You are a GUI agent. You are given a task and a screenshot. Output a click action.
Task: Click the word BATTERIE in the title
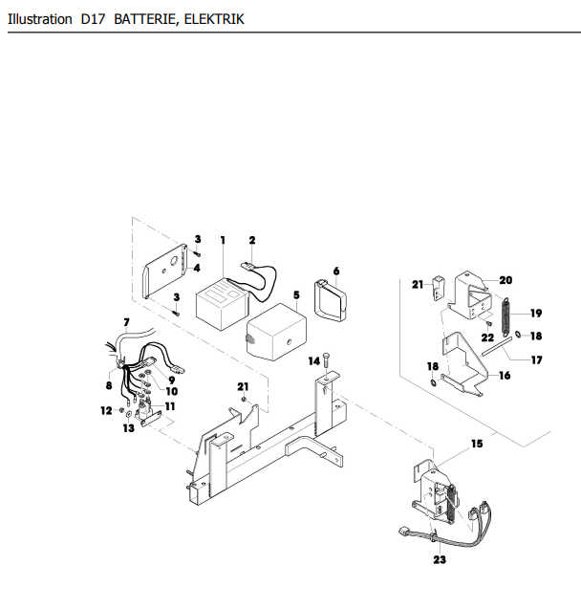(144, 19)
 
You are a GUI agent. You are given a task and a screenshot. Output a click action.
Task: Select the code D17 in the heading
(93, 19)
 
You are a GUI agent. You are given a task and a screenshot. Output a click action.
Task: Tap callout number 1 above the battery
(223, 240)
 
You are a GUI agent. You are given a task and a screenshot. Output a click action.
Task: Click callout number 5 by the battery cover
(296, 295)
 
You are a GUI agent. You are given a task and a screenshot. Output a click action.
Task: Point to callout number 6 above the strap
(336, 271)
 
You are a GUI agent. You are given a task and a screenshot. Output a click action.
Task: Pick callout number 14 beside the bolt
(314, 361)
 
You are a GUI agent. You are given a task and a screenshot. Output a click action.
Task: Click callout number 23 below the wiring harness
(440, 559)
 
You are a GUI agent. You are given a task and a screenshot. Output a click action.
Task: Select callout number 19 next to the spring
(536, 313)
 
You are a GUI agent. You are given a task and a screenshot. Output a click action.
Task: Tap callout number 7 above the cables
(126, 322)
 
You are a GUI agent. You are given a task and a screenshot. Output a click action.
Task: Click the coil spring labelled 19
(506, 316)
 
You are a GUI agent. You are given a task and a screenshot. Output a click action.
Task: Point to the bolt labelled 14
(326, 362)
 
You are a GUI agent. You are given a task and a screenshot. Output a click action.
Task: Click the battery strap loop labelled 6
(331, 299)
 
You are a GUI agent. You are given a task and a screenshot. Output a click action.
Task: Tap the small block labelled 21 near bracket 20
(438, 287)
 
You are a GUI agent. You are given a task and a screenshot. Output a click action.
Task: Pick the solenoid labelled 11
(145, 412)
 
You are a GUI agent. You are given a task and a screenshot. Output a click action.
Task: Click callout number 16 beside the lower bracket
(505, 376)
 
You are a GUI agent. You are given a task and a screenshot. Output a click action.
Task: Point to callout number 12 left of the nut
(106, 410)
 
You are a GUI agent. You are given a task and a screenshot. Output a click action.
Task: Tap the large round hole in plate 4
(174, 260)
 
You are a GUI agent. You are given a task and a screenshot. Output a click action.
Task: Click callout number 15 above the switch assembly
(477, 444)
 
